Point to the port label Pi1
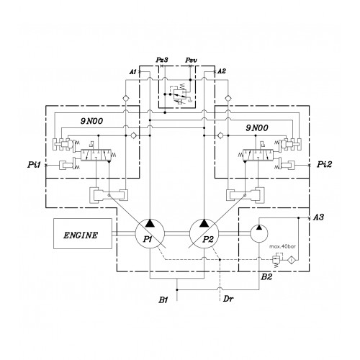[35, 165]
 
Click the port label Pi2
[325, 164]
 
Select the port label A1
[132, 71]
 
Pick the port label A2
[222, 71]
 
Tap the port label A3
[319, 217]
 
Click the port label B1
[163, 300]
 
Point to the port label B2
[266, 277]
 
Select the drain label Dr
[228, 299]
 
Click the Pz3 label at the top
[162, 60]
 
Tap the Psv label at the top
[191, 60]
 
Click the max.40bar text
[282, 246]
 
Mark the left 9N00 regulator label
[91, 121]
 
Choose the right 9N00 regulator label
[257, 128]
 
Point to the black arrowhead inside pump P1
[150, 223]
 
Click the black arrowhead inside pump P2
[204, 223]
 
